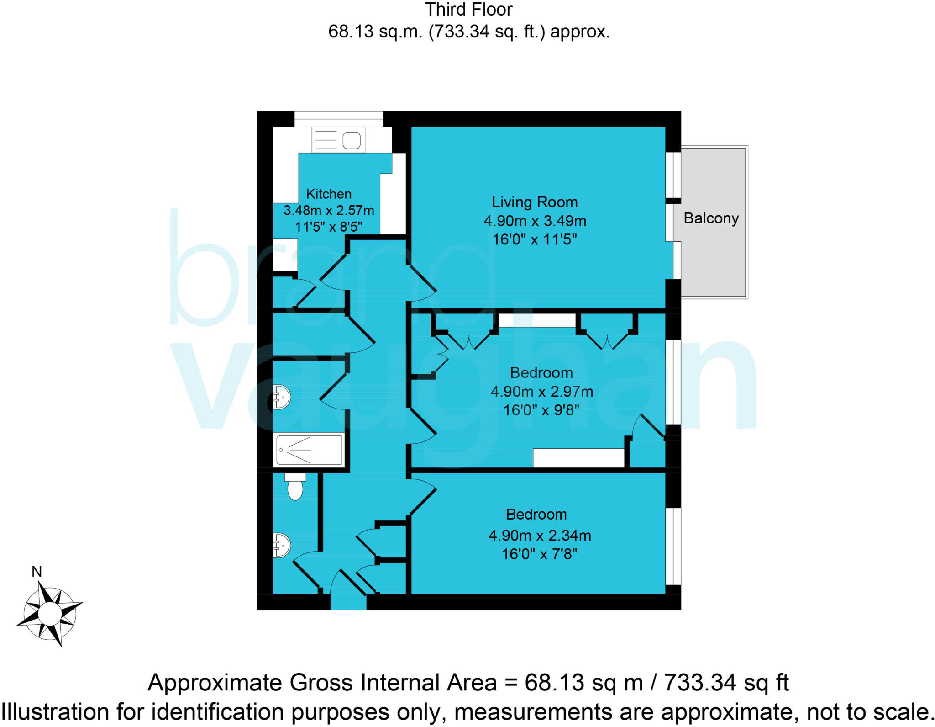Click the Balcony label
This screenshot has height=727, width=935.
pyautogui.click(x=710, y=218)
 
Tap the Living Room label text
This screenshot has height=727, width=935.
pyautogui.click(x=534, y=202)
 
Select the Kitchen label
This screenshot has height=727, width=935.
pyautogui.click(x=328, y=194)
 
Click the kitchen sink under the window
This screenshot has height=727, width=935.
pyautogui.click(x=338, y=140)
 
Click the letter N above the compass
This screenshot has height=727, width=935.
pyautogui.click(x=37, y=572)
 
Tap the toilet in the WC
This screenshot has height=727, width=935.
pyautogui.click(x=295, y=487)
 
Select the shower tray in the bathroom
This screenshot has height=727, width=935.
pyautogui.click(x=309, y=450)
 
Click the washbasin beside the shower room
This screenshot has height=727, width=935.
pyautogui.click(x=281, y=397)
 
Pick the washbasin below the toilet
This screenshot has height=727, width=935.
pyautogui.click(x=281, y=545)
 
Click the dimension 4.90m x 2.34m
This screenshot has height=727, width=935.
pyautogui.click(x=539, y=535)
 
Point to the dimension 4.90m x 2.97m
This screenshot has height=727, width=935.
pyautogui.click(x=541, y=392)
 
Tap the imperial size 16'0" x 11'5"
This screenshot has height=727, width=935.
pyautogui.click(x=534, y=239)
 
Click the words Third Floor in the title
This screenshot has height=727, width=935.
pyautogui.click(x=468, y=10)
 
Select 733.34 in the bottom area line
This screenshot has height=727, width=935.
pyautogui.click(x=700, y=683)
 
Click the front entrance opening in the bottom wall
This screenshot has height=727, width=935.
pyautogui.click(x=348, y=602)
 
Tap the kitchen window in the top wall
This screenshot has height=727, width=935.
pyautogui.click(x=338, y=119)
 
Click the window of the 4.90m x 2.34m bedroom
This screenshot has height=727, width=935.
pyautogui.click(x=673, y=546)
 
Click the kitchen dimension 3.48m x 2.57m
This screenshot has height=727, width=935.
pyautogui.click(x=328, y=211)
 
